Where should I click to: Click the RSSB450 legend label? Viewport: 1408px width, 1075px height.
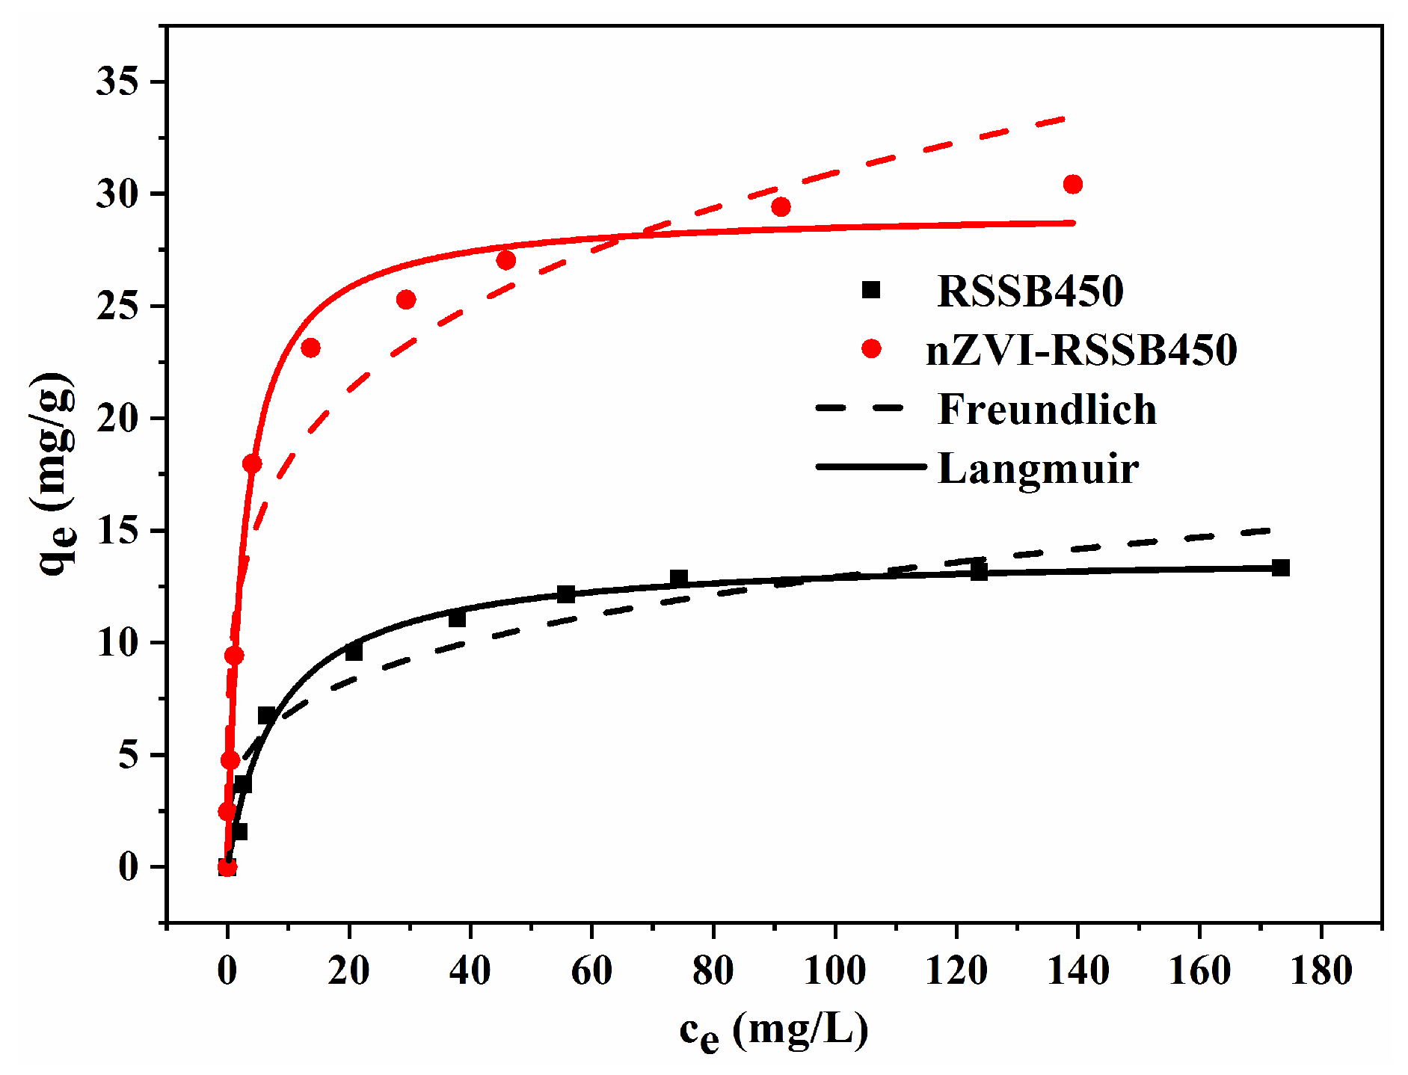pos(1030,291)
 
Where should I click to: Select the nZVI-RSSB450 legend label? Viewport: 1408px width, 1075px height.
pos(1081,350)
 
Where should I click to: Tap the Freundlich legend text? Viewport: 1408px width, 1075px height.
pos(1047,409)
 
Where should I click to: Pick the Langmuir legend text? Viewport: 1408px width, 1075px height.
pos(1038,469)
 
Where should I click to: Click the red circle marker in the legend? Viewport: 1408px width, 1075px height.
pos(871,348)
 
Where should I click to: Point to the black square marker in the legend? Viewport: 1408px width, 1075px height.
pos(871,290)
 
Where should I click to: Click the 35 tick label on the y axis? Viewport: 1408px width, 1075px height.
pos(117,81)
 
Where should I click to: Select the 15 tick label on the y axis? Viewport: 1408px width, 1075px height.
pos(117,531)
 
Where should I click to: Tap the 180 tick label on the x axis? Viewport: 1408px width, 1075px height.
pos(1321,971)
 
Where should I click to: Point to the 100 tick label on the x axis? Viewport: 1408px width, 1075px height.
pos(834,971)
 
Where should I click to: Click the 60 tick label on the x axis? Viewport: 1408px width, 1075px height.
pos(591,971)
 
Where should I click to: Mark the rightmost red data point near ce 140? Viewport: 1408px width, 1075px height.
pos(1072,184)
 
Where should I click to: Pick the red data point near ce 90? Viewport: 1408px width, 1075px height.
pos(781,207)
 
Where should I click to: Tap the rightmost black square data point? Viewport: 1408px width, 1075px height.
pos(1280,567)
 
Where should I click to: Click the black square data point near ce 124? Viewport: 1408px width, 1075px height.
pos(979,572)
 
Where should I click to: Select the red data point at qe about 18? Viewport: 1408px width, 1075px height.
pos(252,464)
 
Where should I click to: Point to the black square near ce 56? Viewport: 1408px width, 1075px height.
pos(566,594)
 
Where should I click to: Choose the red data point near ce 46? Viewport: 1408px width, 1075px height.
pos(506,260)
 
